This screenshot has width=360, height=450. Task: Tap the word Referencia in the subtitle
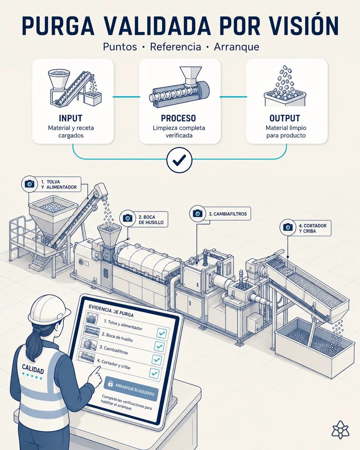click(175, 46)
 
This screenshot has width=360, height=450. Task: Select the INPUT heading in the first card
click(71, 118)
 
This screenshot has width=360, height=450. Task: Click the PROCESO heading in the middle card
click(178, 118)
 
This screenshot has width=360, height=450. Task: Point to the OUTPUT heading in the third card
click(285, 118)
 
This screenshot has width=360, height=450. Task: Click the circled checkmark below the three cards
click(179, 160)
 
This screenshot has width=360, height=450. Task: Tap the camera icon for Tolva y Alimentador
click(30, 184)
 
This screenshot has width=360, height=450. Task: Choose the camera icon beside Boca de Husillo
click(127, 218)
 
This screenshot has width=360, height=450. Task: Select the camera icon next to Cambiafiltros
click(198, 213)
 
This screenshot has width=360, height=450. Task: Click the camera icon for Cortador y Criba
click(288, 227)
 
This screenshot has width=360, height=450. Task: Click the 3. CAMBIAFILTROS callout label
click(228, 214)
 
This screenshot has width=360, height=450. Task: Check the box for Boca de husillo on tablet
click(159, 346)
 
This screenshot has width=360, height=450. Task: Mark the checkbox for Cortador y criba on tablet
click(154, 373)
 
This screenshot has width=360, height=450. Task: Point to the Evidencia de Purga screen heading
click(111, 310)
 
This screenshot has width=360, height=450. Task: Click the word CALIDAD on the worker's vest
click(33, 369)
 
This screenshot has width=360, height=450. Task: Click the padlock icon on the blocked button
click(110, 383)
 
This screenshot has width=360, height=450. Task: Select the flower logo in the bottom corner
click(340, 430)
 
